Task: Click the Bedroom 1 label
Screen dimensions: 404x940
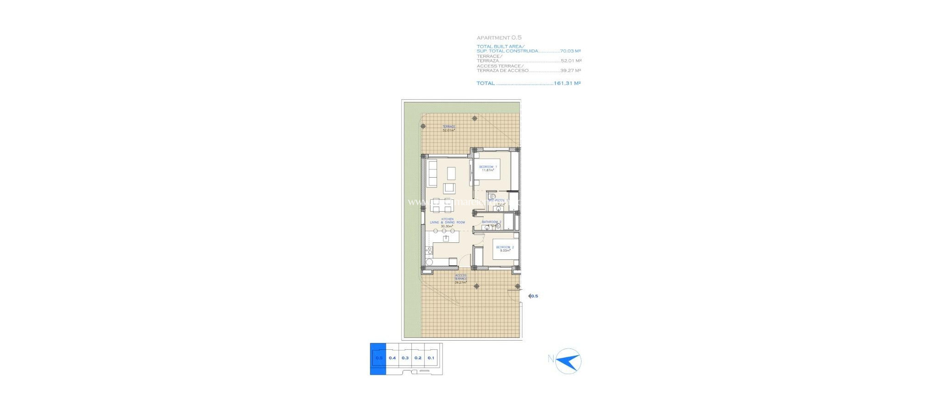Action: point(488,168)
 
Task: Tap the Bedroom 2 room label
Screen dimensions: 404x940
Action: point(505,249)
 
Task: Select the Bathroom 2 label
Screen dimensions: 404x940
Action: point(491,223)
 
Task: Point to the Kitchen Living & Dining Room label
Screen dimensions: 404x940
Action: point(447,223)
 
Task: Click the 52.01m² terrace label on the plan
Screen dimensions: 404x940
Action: point(449,129)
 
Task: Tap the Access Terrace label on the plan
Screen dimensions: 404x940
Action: point(461,279)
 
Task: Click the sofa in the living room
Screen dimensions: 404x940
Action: point(111,173)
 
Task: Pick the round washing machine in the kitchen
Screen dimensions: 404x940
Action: point(108,262)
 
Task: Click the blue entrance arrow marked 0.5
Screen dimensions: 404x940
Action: point(532,296)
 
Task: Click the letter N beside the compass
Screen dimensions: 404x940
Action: point(551,359)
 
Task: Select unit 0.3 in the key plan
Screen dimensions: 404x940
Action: point(405,358)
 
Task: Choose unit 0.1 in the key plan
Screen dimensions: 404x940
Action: point(431,358)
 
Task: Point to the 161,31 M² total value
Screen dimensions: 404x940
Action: point(567,84)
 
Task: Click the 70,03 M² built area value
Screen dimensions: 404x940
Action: point(571,51)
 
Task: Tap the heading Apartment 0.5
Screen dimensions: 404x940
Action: point(499,38)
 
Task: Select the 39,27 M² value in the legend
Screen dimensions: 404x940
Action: point(571,71)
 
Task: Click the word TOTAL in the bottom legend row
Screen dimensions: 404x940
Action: point(486,84)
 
